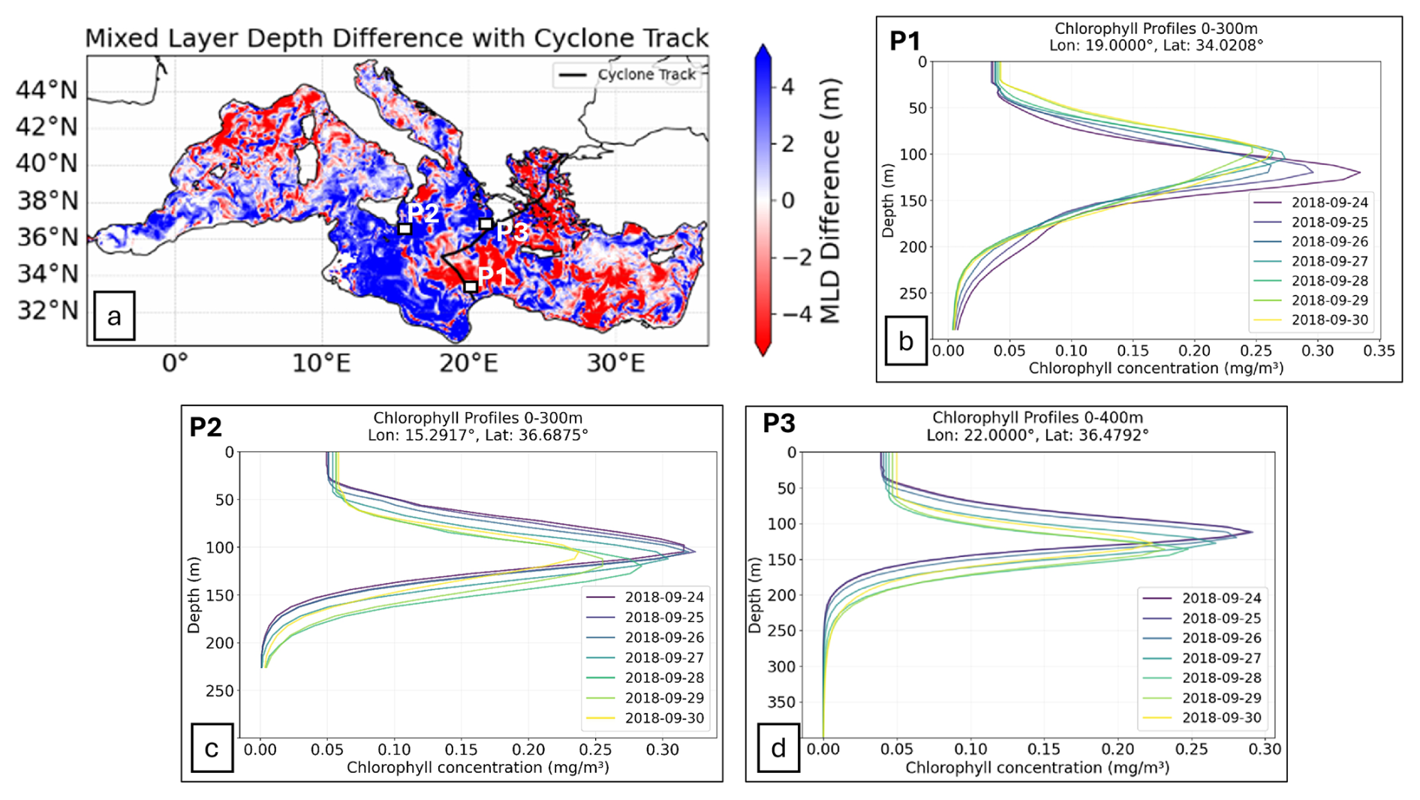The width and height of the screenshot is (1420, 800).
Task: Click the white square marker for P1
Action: tap(471, 287)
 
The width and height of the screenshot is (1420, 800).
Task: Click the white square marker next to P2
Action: tap(405, 228)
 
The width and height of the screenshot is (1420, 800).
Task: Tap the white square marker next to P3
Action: tap(486, 224)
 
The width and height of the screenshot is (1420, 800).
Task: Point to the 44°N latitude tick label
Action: tap(47, 90)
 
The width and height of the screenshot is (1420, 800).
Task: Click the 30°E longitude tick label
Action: tap(615, 363)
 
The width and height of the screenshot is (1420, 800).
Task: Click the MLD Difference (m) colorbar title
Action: tap(830, 201)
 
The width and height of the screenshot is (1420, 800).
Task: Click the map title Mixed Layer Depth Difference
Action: tap(396, 38)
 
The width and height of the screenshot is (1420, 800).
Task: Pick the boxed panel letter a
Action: tap(114, 316)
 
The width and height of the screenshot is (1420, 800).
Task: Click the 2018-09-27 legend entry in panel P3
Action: tap(1205, 658)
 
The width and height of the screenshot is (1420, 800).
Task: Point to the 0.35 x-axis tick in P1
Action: tap(1379, 350)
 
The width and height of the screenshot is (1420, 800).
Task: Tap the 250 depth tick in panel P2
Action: tap(220, 690)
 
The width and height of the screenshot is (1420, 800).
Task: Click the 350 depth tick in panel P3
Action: tap(781, 702)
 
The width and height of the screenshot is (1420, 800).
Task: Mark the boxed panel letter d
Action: tap(778, 747)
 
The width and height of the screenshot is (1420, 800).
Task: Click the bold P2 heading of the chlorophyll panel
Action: tap(206, 427)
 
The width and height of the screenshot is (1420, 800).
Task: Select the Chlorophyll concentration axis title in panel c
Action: tap(478, 768)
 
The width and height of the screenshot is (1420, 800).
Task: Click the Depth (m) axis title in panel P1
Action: tap(889, 200)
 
